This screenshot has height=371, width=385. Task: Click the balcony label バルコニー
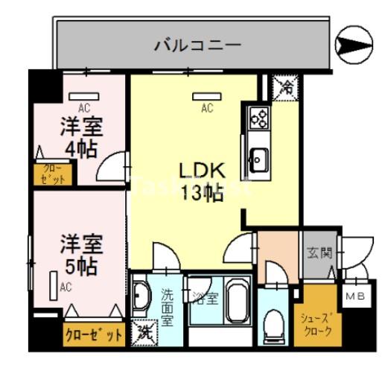point(197,45)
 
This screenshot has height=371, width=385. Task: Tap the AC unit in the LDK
point(206,95)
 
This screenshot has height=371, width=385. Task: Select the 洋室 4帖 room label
point(80,136)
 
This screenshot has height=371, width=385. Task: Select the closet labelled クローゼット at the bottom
point(92,334)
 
